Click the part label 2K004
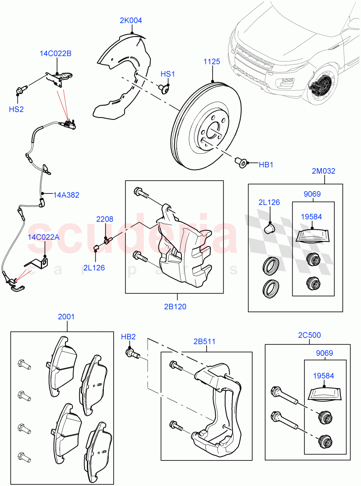[x=131, y=21]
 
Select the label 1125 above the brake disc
[x=212, y=62]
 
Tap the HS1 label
[x=168, y=74]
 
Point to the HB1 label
[x=266, y=165]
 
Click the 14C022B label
[x=55, y=53]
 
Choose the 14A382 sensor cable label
[x=66, y=195]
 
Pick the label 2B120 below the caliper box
[x=175, y=306]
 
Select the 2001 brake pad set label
[x=66, y=316]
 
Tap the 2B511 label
[x=204, y=341]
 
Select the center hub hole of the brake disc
[x=213, y=133]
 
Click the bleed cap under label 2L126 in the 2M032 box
[x=269, y=229]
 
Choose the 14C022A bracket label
[x=44, y=237]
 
